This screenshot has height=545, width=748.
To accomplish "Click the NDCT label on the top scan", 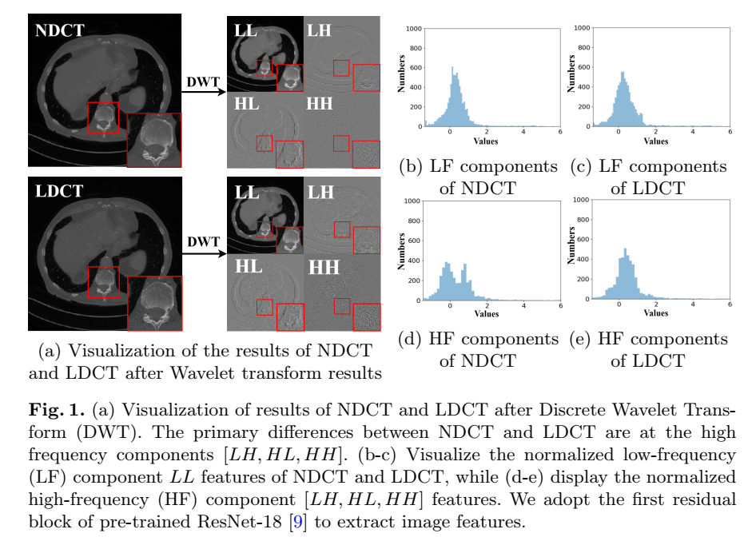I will [60, 33].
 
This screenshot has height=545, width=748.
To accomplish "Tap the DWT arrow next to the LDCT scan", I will [203, 253].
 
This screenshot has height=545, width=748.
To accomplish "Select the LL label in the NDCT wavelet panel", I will [247, 31].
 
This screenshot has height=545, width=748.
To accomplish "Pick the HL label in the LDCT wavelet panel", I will [248, 268].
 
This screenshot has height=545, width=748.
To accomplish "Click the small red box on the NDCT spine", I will [103, 118].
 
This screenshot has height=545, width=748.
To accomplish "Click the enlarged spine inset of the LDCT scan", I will [154, 304].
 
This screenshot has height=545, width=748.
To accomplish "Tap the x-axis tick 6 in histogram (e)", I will [729, 305].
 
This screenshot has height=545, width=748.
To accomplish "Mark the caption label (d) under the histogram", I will [410, 340].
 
